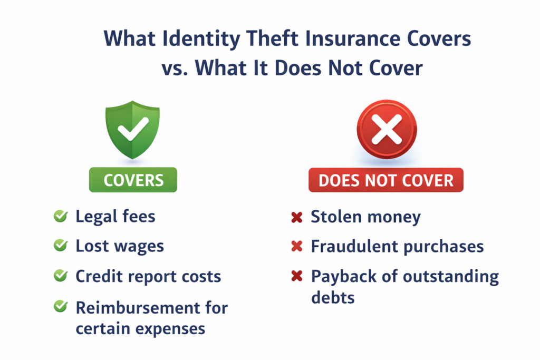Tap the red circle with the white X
(387, 130)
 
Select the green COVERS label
(133, 180)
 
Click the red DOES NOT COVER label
(386, 180)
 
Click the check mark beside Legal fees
(61, 216)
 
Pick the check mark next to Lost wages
(61, 245)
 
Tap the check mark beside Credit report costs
(61, 276)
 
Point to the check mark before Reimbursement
(61, 306)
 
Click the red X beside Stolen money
(297, 217)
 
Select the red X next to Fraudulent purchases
(297, 246)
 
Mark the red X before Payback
(297, 276)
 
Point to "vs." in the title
(175, 68)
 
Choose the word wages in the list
(140, 246)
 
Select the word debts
(333, 297)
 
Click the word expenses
(171, 328)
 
